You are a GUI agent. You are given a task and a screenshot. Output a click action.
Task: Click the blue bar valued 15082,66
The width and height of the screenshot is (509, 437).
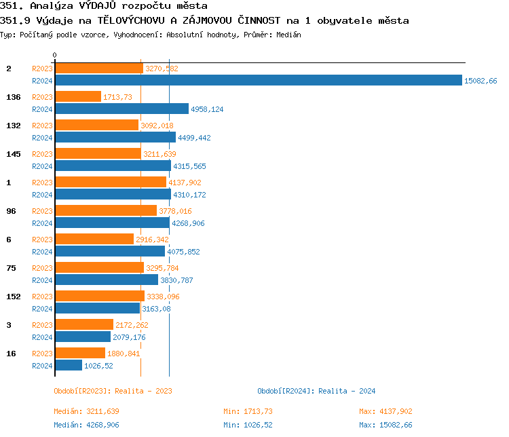[x=258, y=81]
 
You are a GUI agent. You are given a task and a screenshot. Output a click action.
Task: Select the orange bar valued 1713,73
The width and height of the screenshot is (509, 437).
[x=77, y=97]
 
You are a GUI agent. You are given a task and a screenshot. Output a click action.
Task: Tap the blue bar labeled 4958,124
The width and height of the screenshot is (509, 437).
[x=121, y=109]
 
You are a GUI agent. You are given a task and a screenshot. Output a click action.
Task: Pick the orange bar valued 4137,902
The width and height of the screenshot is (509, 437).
[x=110, y=183]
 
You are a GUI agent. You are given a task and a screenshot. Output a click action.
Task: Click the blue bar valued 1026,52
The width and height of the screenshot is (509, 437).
[x=68, y=366]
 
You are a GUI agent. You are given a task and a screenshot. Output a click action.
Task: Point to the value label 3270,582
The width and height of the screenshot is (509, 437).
[x=162, y=69]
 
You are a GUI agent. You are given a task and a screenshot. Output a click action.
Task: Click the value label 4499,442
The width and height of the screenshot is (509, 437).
[x=195, y=138]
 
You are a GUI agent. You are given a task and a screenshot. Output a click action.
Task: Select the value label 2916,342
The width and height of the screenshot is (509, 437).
[x=153, y=240]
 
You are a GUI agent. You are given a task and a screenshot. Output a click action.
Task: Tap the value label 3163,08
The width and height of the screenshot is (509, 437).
[x=156, y=309]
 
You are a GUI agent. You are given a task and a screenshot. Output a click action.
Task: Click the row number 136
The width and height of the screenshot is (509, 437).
[x=14, y=97]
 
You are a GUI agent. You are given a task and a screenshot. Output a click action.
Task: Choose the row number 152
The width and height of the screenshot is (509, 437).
[x=14, y=297]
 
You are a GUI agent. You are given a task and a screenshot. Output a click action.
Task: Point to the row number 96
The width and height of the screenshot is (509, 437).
[x=11, y=211]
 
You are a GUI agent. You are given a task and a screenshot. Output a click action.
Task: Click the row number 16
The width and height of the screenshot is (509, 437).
[x=11, y=354]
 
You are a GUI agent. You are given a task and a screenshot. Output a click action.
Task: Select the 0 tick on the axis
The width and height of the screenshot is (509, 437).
[x=55, y=55]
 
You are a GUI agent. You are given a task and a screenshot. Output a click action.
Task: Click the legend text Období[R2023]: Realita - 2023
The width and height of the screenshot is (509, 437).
[x=113, y=391]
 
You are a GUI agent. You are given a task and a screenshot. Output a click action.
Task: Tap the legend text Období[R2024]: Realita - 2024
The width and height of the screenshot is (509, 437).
[x=316, y=391]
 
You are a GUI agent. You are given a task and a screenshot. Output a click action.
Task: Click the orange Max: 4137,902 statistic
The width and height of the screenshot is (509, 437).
[x=385, y=411]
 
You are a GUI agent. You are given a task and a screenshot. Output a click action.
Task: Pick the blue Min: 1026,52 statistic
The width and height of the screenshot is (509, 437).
[x=248, y=425]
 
